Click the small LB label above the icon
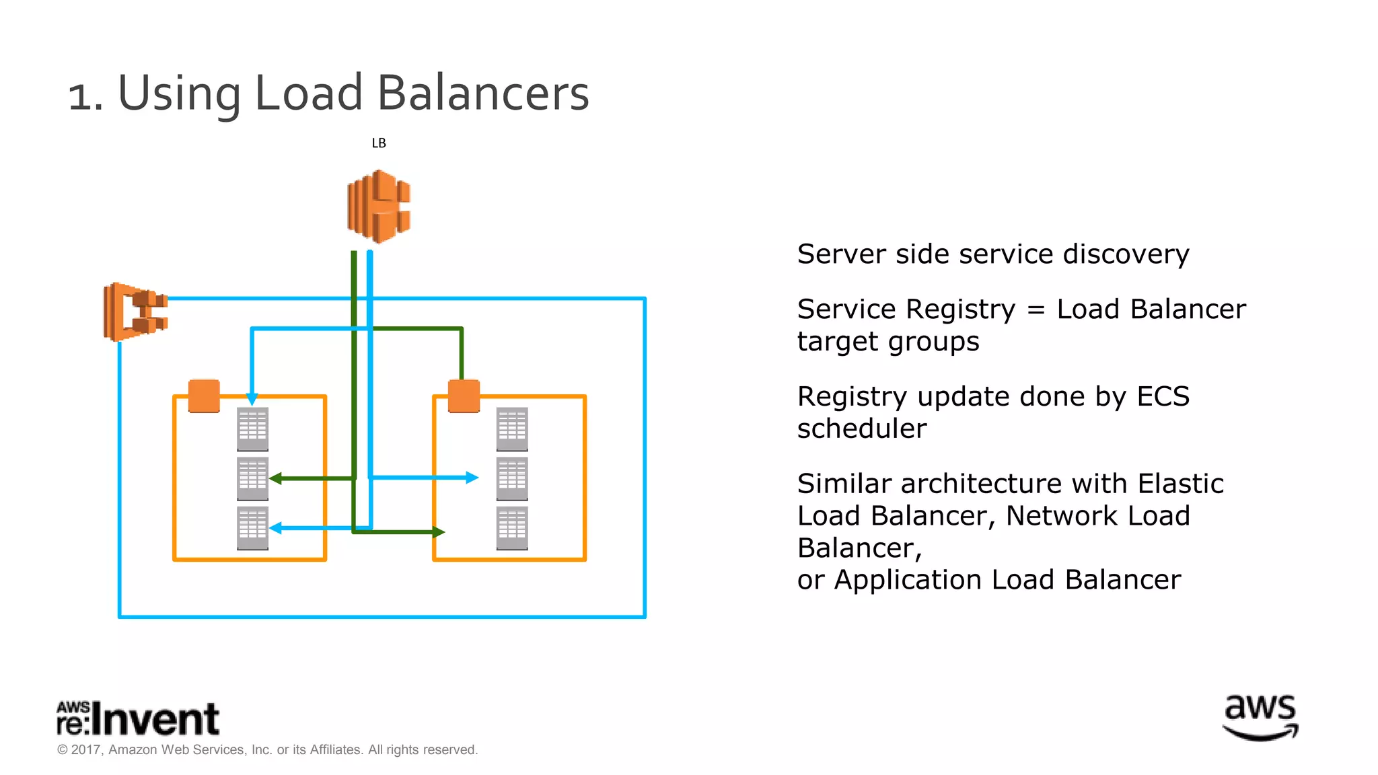(379, 143)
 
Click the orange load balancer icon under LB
(379, 207)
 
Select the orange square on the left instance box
(204, 396)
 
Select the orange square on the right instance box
(464, 396)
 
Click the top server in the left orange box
(253, 429)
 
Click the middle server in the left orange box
(253, 479)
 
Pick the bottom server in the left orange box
(253, 528)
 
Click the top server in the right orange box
(512, 429)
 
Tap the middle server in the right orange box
(512, 479)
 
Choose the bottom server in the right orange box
(512, 528)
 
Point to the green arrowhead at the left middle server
(275, 478)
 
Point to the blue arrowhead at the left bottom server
(275, 528)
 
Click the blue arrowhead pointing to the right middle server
(472, 478)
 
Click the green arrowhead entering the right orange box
(439, 532)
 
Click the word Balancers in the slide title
(482, 93)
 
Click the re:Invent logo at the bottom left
(138, 718)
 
